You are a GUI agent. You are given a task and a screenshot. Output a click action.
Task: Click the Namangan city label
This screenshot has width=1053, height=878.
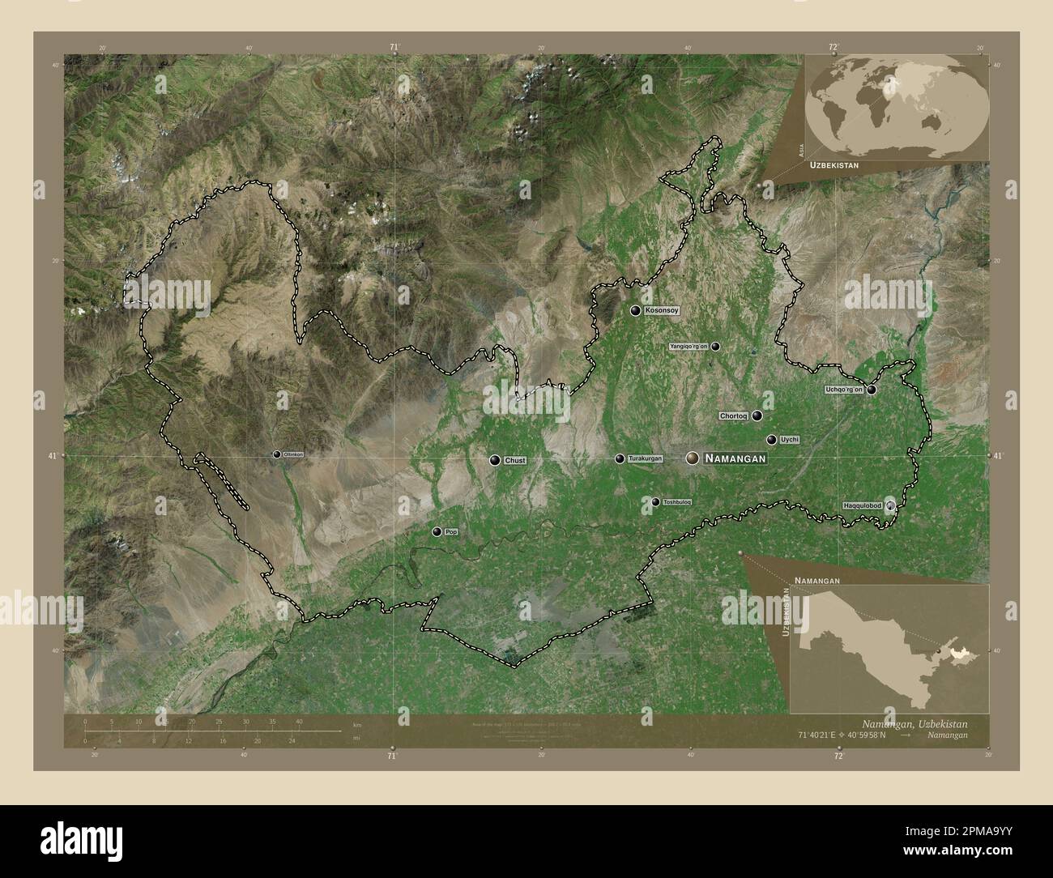click(735, 458)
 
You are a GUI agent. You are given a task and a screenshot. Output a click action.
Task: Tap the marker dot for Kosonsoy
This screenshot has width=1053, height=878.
click(636, 310)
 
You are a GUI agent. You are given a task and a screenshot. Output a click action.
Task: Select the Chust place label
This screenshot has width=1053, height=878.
click(514, 460)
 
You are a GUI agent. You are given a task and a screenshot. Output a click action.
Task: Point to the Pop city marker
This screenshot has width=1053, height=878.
click(437, 532)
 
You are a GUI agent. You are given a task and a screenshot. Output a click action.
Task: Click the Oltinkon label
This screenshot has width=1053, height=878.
click(293, 455)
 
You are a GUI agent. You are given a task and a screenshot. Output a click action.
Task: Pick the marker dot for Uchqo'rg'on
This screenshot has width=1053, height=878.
click(872, 390)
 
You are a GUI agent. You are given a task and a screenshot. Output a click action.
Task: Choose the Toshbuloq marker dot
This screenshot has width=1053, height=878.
click(655, 502)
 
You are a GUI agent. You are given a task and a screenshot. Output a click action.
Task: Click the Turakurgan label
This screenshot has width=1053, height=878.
click(645, 459)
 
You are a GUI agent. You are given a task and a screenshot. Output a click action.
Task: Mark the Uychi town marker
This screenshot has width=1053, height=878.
click(771, 440)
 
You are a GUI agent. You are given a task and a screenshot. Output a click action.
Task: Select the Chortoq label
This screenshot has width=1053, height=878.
click(732, 416)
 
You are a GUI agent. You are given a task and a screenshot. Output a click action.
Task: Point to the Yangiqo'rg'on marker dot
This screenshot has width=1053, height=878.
click(716, 346)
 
